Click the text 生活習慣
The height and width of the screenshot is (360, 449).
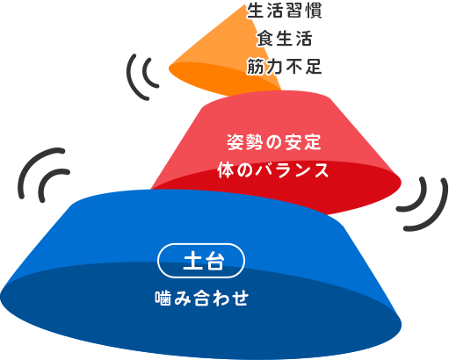(284, 11)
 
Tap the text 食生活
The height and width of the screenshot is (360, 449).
(284, 39)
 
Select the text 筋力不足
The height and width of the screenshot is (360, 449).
(284, 66)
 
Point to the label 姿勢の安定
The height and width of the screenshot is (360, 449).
(274, 142)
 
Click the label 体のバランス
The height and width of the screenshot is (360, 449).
(273, 170)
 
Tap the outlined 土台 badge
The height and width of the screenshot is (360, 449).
(201, 261)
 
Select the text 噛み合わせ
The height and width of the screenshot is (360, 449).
(202, 298)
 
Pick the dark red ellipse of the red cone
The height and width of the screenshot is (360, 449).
(337, 187)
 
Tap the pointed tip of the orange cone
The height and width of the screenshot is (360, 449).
(246, 5)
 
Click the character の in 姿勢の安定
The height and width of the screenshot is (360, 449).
(274, 142)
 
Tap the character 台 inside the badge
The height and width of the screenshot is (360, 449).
(214, 261)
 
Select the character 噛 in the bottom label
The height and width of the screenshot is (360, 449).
(163, 298)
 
